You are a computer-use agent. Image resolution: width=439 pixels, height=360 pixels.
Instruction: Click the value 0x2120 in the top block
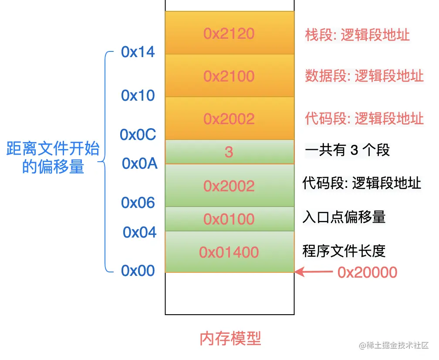click(x=229, y=34)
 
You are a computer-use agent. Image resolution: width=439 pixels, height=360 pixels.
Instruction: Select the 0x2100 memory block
click(x=229, y=76)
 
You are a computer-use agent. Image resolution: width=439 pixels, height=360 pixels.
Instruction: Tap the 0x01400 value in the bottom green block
click(x=229, y=252)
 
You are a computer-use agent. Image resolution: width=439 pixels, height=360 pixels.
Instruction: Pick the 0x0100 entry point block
click(x=229, y=219)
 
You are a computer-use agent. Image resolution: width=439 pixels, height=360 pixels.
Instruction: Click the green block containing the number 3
click(x=229, y=152)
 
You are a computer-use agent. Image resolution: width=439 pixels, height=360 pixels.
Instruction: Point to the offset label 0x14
click(x=138, y=52)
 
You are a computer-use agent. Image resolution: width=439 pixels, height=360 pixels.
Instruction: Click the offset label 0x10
click(x=138, y=95)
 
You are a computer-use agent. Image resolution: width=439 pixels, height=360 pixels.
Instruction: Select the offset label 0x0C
click(x=138, y=135)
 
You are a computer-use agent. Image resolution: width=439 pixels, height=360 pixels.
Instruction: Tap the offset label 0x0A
click(x=139, y=163)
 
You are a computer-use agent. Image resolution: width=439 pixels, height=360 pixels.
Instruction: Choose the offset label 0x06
click(x=138, y=203)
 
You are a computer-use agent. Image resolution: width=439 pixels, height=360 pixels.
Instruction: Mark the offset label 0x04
click(x=139, y=232)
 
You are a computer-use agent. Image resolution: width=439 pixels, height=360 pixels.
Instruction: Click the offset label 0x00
click(x=138, y=271)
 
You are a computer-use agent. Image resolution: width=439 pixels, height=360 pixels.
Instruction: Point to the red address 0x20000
click(x=367, y=272)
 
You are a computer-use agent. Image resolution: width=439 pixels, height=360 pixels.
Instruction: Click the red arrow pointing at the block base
click(x=314, y=272)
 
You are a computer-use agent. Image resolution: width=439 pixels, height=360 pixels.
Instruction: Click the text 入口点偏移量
click(x=344, y=217)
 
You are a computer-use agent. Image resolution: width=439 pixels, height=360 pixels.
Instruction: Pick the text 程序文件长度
click(x=344, y=251)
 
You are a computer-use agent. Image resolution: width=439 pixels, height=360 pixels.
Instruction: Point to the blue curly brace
click(x=105, y=162)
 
